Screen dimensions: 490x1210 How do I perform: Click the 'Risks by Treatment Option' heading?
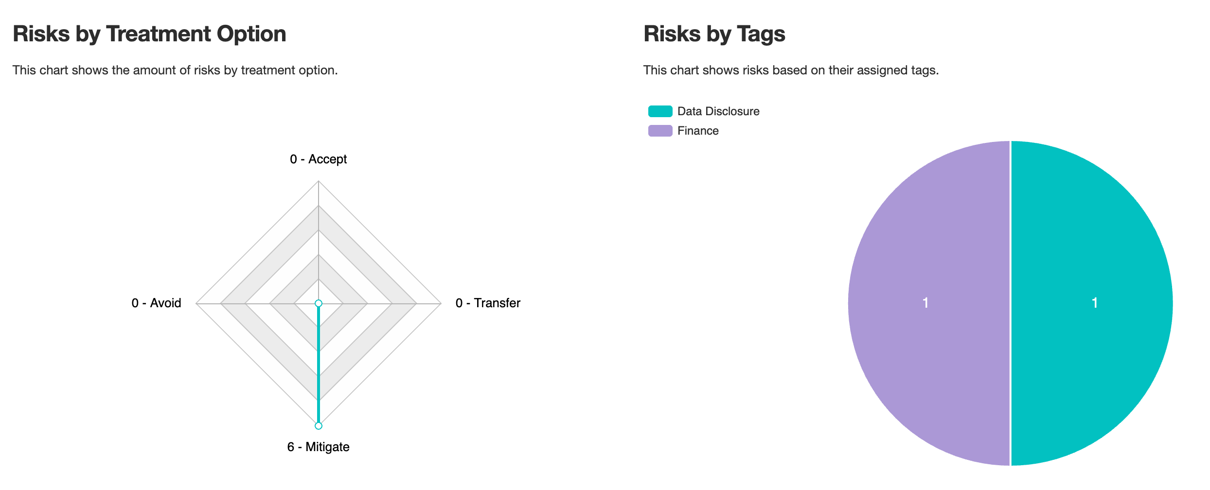point(149,34)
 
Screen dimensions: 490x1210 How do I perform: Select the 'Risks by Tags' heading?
point(714,34)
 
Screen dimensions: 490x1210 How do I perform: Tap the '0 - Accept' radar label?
point(318,159)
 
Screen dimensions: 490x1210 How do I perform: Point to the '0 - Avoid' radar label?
point(156,303)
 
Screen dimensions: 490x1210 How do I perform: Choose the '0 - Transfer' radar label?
point(488,303)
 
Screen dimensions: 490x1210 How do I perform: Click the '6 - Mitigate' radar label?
point(318,447)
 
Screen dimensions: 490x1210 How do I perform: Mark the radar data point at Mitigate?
point(319,426)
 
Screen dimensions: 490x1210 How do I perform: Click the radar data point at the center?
point(319,303)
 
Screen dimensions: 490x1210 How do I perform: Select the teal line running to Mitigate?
point(319,365)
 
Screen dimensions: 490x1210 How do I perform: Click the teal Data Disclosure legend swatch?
point(660,111)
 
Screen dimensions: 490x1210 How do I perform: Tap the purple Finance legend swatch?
point(660,131)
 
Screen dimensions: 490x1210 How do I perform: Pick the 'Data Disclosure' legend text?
point(718,111)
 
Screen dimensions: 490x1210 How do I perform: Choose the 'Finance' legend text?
point(698,131)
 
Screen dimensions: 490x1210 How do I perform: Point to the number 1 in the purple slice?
point(925,303)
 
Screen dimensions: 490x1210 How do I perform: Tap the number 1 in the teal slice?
point(1095,303)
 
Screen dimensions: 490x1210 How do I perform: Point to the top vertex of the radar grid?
point(319,181)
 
